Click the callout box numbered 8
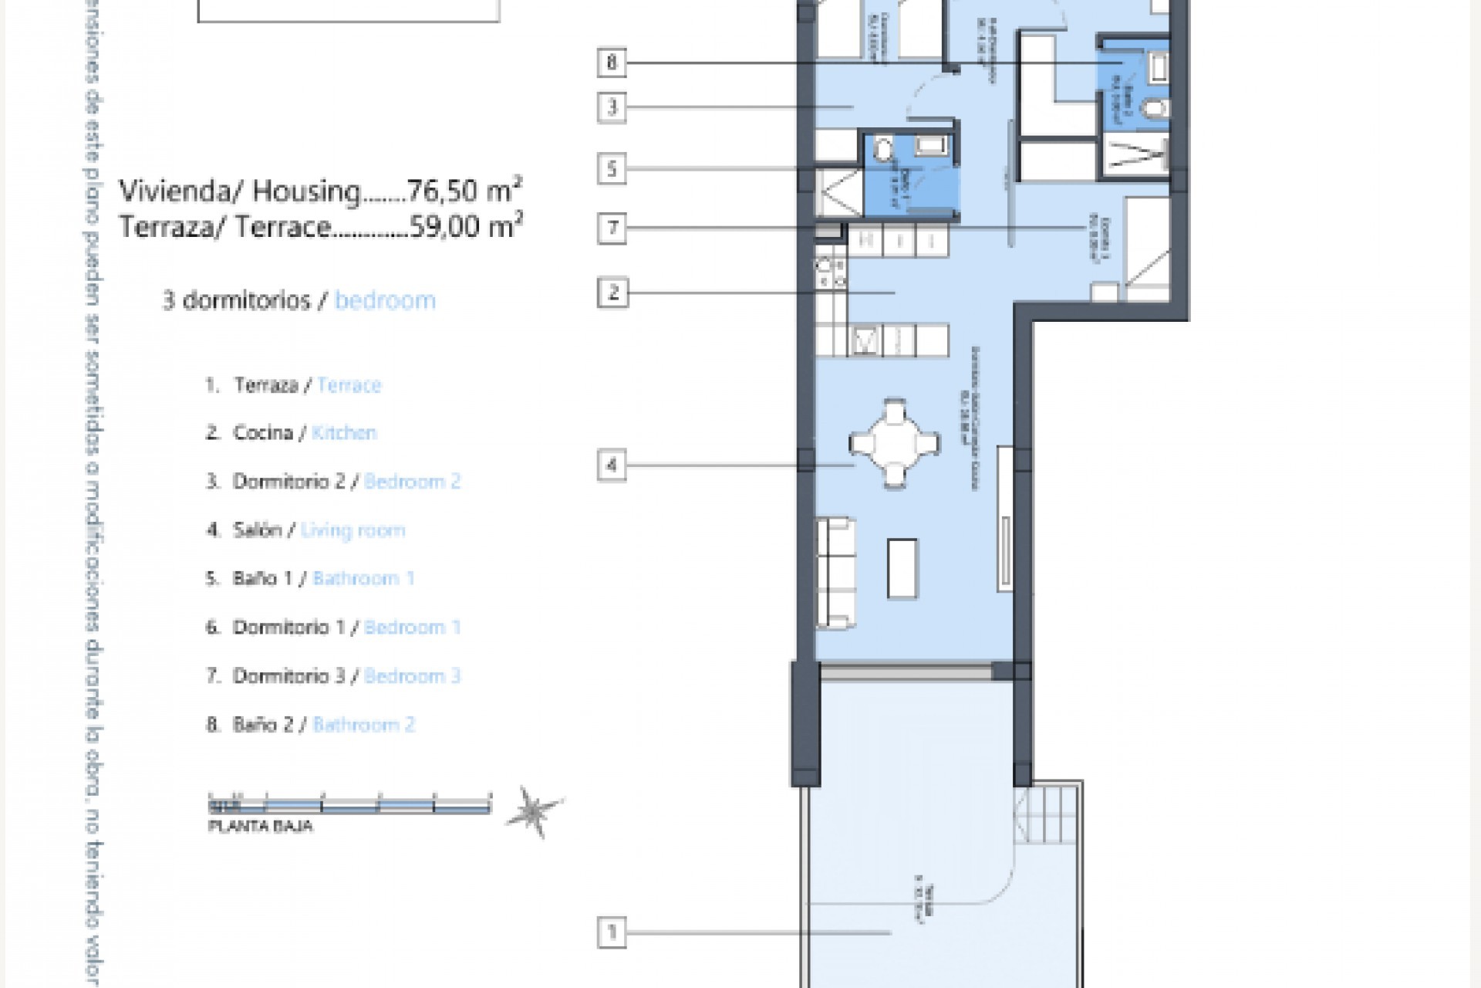(x=612, y=62)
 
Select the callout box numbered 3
(x=612, y=107)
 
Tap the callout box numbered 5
(x=612, y=168)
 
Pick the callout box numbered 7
(x=612, y=228)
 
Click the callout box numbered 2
(x=612, y=293)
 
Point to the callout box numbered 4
(x=612, y=465)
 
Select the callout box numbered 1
(x=612, y=932)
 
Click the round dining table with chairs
(x=895, y=444)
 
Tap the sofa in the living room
(x=835, y=572)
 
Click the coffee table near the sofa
(x=902, y=568)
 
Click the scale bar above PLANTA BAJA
(x=349, y=805)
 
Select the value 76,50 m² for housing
(x=464, y=190)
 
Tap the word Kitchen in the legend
(x=344, y=433)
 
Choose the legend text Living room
(x=353, y=530)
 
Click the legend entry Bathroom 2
(x=363, y=725)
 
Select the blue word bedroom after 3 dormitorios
(x=385, y=299)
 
